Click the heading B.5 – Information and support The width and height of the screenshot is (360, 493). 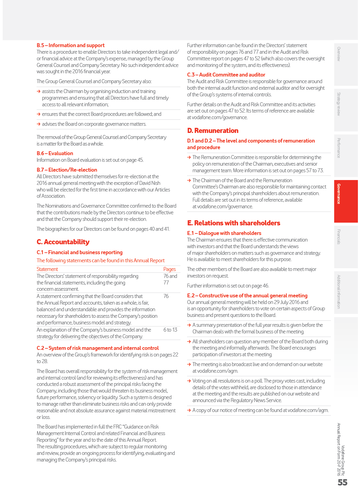71,45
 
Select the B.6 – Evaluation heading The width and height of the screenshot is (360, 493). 55,153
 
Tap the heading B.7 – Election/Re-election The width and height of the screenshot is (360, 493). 67,170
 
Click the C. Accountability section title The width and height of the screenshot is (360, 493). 63,242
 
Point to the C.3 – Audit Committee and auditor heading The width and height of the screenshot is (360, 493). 226,75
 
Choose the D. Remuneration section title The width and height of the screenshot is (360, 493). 213,131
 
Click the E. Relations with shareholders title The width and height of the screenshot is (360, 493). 234,223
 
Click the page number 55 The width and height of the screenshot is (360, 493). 343,482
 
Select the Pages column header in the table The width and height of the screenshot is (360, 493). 169,269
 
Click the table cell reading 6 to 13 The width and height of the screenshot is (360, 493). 170,330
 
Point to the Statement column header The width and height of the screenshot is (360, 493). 47,269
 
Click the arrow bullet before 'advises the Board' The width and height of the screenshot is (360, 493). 39,124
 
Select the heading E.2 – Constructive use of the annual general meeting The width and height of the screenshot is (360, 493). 247,296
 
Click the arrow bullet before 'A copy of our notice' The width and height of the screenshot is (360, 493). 189,410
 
